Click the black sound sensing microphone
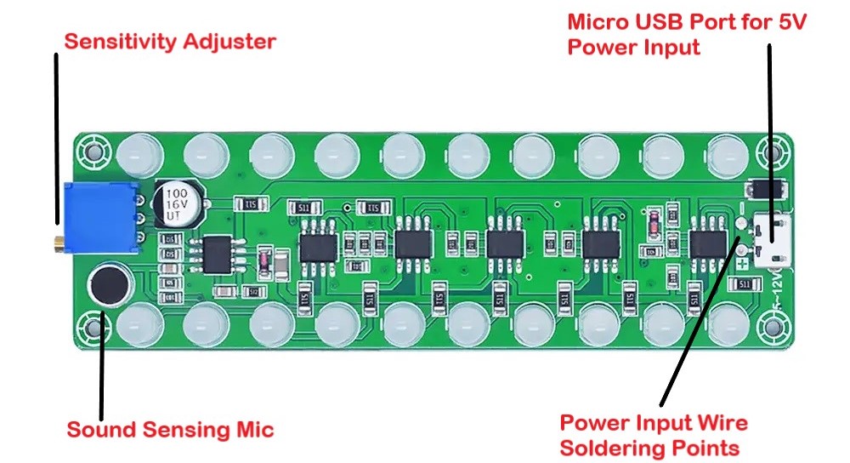tap(110, 283)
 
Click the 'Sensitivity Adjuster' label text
tap(171, 41)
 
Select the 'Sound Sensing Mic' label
tap(170, 430)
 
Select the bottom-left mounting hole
tap(90, 326)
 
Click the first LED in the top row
tap(139, 152)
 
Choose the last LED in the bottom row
tap(728, 324)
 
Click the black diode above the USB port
tap(762, 188)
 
